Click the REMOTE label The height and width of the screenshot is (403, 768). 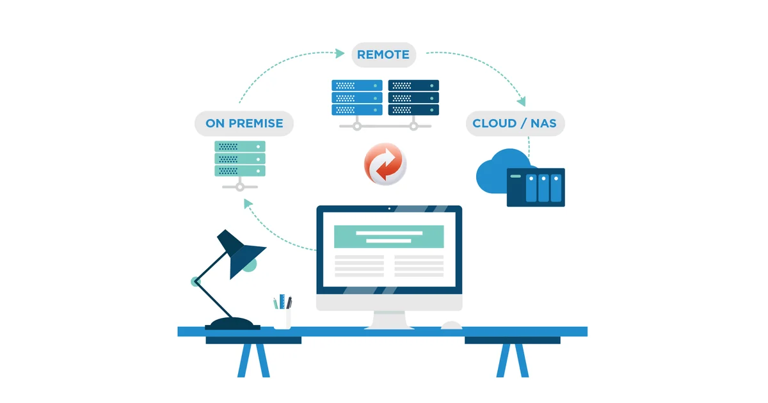pyautogui.click(x=383, y=55)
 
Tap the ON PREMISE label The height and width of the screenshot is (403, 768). pyautogui.click(x=244, y=123)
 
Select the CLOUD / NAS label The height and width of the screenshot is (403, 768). pyautogui.click(x=515, y=123)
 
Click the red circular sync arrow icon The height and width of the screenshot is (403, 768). pyautogui.click(x=385, y=164)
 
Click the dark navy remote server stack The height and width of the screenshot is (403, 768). pyautogui.click(x=413, y=98)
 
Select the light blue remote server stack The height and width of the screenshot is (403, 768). pyautogui.click(x=357, y=98)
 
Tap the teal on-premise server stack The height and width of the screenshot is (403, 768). pyautogui.click(x=240, y=159)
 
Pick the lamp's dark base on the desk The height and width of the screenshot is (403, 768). pyautogui.click(x=232, y=324)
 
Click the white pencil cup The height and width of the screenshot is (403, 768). pyautogui.click(x=282, y=319)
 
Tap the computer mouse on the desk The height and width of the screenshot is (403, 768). pyautogui.click(x=451, y=325)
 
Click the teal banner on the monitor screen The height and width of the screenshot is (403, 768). pyautogui.click(x=389, y=237)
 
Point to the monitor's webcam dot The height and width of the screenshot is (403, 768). pyautogui.click(x=389, y=209)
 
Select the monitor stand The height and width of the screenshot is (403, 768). pyautogui.click(x=389, y=320)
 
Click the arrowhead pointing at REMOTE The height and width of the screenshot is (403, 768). pyautogui.click(x=340, y=54)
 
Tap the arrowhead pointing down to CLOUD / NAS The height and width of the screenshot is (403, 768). pyautogui.click(x=522, y=101)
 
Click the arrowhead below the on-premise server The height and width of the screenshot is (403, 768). pyautogui.click(x=248, y=203)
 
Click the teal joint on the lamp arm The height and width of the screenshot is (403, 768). pyautogui.click(x=195, y=281)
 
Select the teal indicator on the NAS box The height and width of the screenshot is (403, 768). pyautogui.click(x=516, y=176)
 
